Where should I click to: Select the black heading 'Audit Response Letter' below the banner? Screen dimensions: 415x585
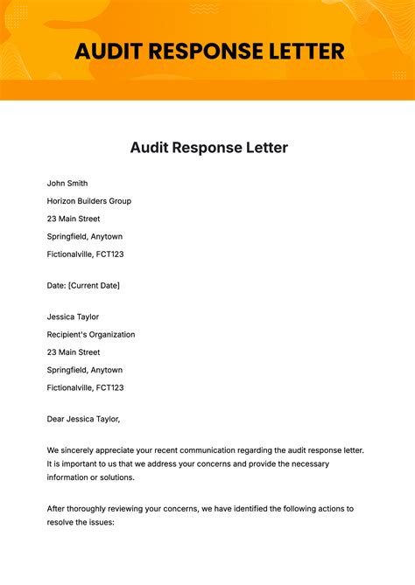coord(208,148)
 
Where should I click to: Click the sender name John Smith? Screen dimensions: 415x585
coord(67,184)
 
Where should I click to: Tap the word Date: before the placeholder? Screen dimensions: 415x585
coord(56,285)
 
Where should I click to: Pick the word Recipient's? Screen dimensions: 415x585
coord(67,334)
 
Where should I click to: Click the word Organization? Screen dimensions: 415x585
coord(113,334)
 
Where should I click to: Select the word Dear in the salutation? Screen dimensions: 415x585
coord(56,418)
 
